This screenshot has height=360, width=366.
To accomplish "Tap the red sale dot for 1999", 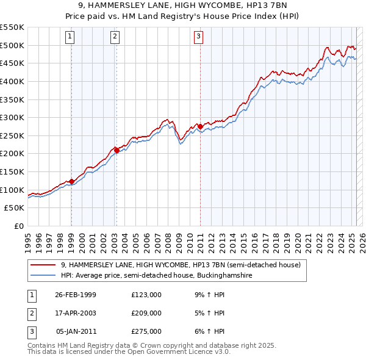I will click(71, 181).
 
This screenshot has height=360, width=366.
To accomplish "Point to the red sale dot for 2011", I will click(199, 126).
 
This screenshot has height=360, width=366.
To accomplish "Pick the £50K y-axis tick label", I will click(15, 208).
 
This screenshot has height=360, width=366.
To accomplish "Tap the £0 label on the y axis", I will click(18, 226).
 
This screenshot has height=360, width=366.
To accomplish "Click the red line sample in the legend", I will click(43, 265).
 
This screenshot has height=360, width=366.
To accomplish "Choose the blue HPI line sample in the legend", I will click(43, 276).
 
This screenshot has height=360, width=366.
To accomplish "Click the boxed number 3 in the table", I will click(31, 331).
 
